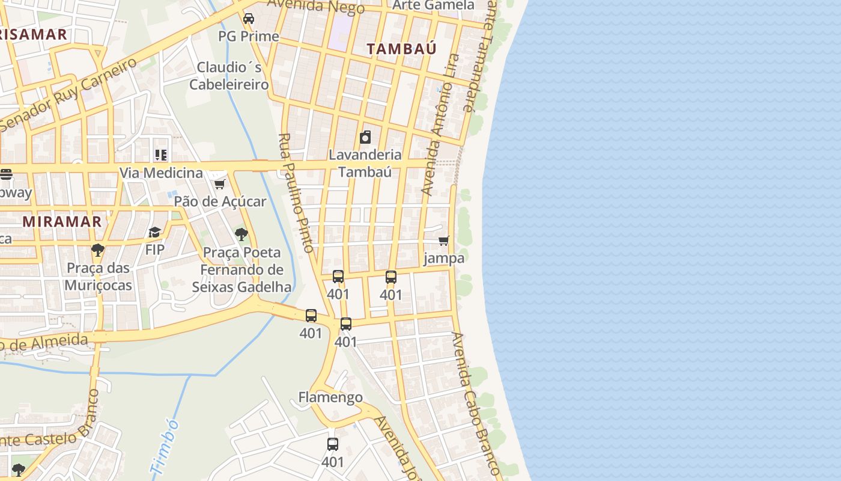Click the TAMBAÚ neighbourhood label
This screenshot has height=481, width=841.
click(x=402, y=49)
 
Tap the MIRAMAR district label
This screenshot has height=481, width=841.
click(x=62, y=221)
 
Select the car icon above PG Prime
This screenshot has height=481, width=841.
click(x=249, y=19)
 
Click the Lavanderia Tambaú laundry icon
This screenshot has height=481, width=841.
click(x=365, y=137)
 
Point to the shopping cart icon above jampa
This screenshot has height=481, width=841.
click(x=444, y=241)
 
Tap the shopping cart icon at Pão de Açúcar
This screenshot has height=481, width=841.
click(x=220, y=184)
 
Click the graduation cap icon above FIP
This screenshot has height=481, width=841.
click(x=155, y=232)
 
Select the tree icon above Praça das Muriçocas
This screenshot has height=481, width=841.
click(x=98, y=250)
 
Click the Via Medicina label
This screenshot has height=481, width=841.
click(x=161, y=173)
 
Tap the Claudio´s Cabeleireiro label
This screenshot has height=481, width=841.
click(x=229, y=76)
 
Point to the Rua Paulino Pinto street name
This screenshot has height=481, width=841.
click(x=297, y=192)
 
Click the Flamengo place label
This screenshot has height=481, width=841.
click(x=330, y=397)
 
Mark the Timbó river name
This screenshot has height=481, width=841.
click(x=165, y=447)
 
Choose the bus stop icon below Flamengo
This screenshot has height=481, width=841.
click(x=333, y=444)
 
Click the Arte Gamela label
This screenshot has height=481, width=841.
click(x=433, y=5)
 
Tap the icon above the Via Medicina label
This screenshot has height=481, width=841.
click(x=160, y=156)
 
